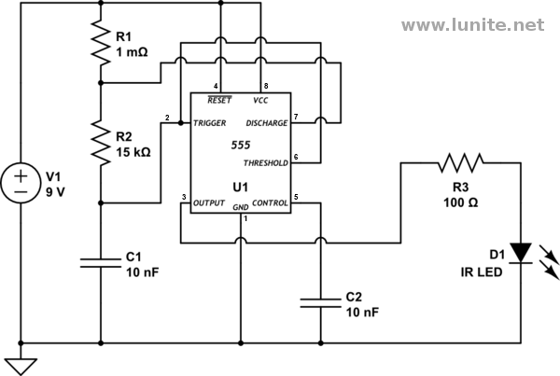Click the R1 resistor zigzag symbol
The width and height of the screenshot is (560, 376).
pos(101,43)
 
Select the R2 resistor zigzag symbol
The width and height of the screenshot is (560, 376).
pos(101,143)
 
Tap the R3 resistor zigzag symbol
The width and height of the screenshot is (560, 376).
pos(461,163)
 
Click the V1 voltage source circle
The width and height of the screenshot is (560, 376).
pos(21,183)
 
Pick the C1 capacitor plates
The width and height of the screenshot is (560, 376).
pos(101,263)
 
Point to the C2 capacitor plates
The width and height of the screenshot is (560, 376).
pos(321,303)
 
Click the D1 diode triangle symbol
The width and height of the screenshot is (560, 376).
pos(521,253)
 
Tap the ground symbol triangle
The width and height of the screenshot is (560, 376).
pos(21,367)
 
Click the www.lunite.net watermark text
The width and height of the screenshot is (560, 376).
pos(473,25)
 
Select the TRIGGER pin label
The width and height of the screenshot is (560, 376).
pos(210,123)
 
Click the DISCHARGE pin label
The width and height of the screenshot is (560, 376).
pos(267,123)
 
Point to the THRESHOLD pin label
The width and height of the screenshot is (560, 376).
pos(266,163)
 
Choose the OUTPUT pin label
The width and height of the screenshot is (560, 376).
pos(209,203)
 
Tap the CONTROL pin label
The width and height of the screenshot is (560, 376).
pos(270,203)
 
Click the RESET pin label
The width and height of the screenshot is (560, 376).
pos(219,101)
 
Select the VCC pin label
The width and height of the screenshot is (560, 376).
pos(260,101)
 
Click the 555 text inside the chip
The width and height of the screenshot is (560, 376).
pos(241,145)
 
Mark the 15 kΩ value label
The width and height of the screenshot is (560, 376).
pos(133,152)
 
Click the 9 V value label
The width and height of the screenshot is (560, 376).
pos(55,192)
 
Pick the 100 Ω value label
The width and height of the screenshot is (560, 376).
pos(461,202)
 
